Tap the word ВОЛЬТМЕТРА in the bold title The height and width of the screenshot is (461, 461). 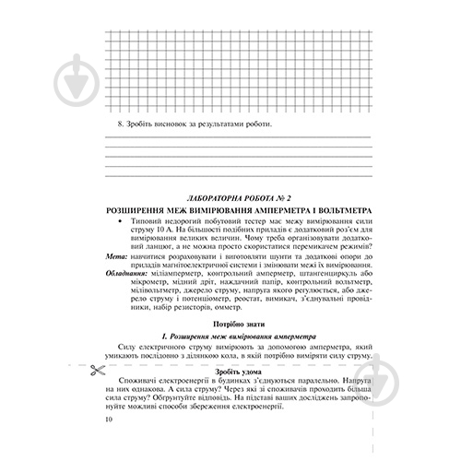pyautogui.click(x=327, y=211)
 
